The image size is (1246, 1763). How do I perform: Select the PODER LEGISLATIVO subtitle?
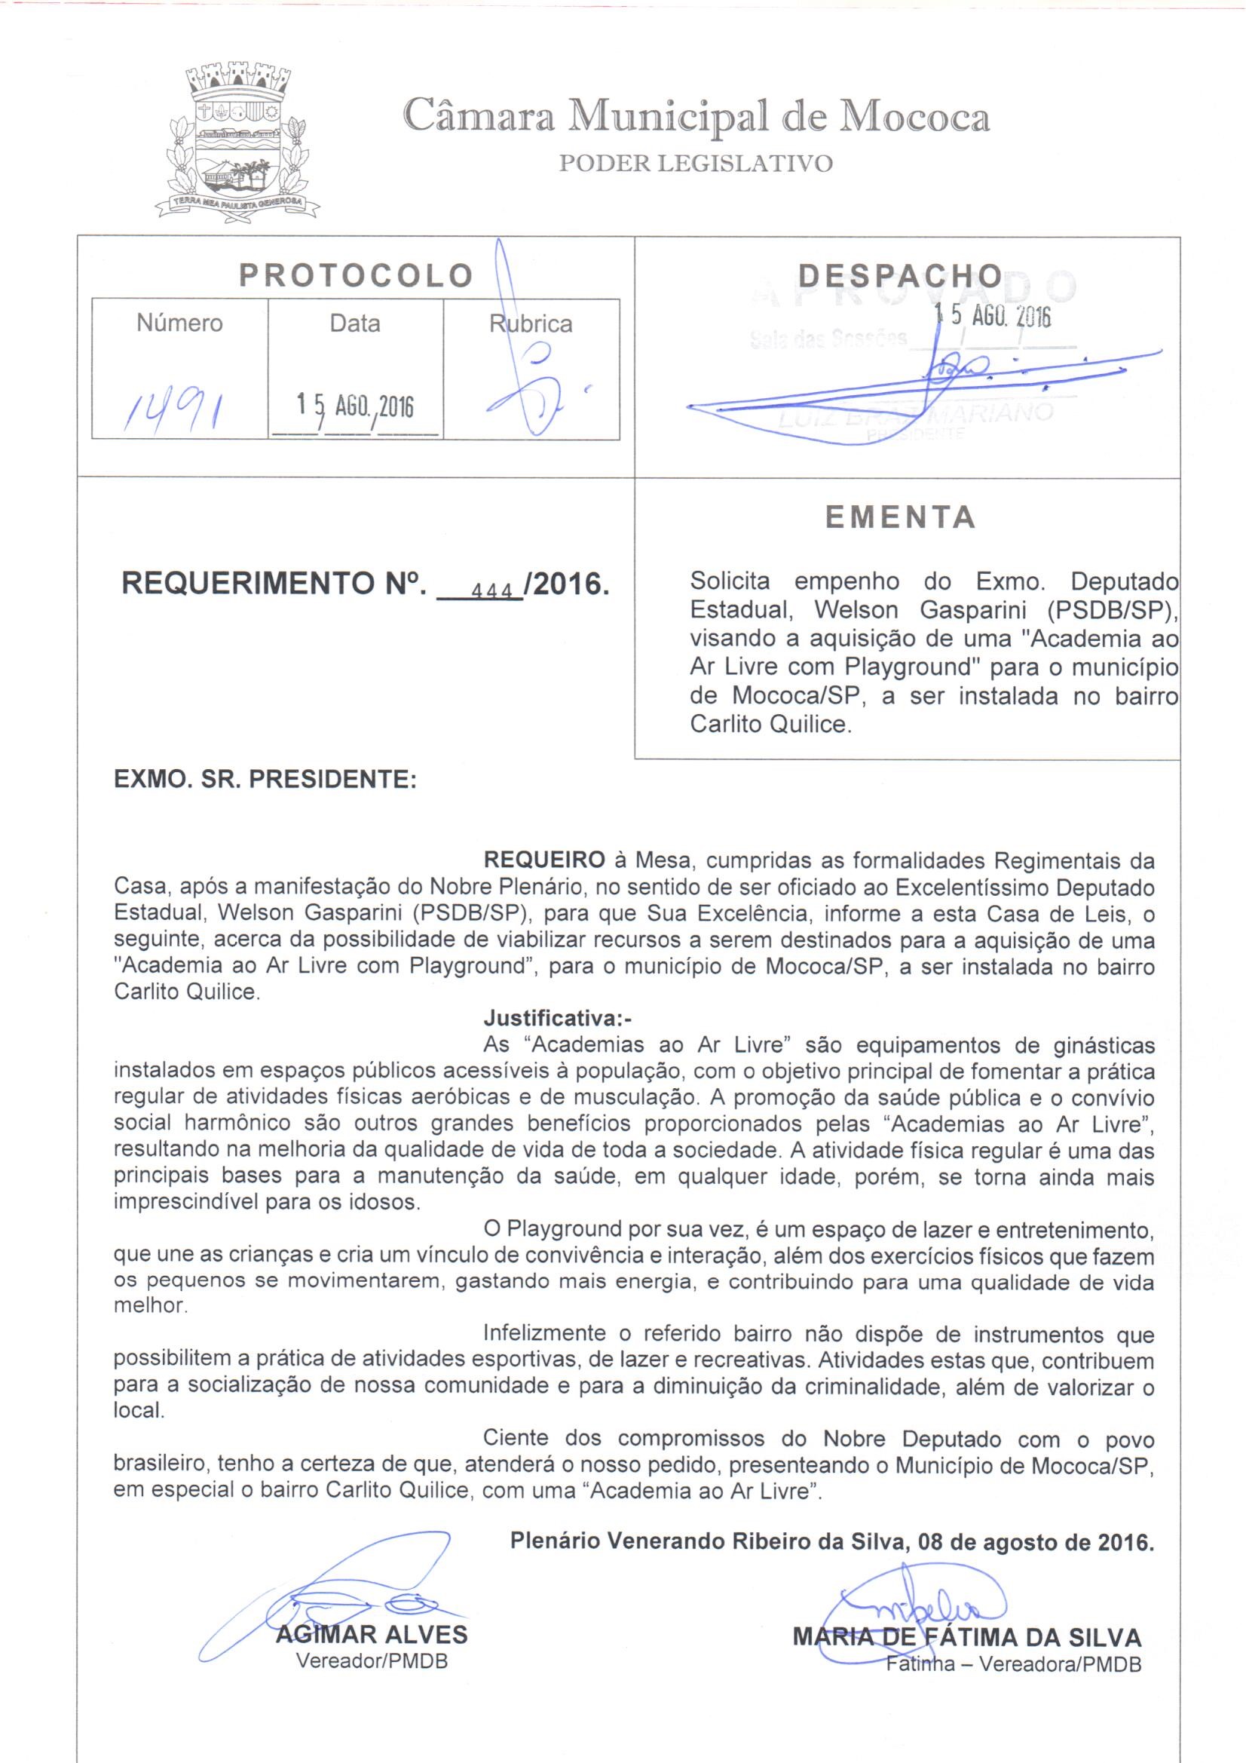click(696, 164)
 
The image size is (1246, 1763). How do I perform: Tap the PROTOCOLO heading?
click(356, 275)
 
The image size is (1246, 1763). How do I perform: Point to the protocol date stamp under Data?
click(356, 406)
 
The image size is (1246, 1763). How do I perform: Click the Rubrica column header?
click(531, 324)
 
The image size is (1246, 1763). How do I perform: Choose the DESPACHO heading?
click(900, 275)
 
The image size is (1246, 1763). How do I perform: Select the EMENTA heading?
click(901, 517)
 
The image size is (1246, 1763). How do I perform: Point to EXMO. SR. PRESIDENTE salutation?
click(265, 780)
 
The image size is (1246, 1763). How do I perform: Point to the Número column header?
click(179, 323)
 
